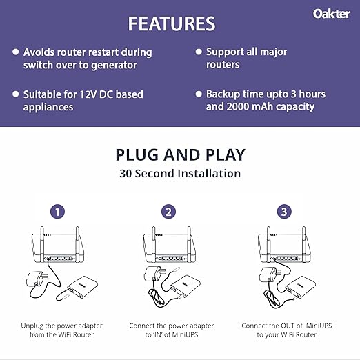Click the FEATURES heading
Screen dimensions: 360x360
point(171,23)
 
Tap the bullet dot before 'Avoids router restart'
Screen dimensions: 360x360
point(15,52)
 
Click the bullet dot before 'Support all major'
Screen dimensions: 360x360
point(198,52)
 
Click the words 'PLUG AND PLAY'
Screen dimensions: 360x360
point(179,154)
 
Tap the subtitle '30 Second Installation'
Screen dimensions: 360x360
point(179,173)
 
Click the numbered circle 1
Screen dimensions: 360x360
point(58,212)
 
